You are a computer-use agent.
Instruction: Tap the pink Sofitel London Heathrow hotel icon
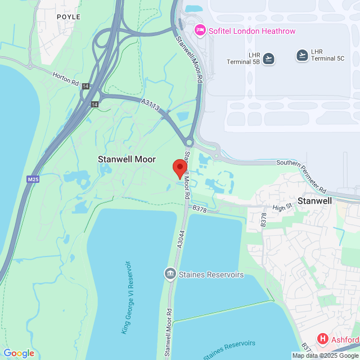pyautogui.click(x=199, y=30)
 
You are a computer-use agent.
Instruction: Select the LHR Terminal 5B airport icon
pyautogui.click(x=269, y=58)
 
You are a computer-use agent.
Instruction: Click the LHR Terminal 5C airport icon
pyautogui.click(x=303, y=55)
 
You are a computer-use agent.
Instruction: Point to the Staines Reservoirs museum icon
pyautogui.click(x=169, y=274)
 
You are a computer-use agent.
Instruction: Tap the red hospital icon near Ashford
pyautogui.click(x=323, y=339)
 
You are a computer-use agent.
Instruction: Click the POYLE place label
pyautogui.click(x=69, y=17)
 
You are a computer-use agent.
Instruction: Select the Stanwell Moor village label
pyautogui.click(x=127, y=159)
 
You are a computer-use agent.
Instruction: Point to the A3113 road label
pyautogui.click(x=151, y=104)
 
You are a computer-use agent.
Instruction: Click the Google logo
pyautogui.click(x=19, y=353)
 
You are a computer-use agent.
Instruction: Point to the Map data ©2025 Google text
pyautogui.click(x=325, y=355)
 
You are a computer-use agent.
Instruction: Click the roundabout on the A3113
pyautogui.click(x=189, y=143)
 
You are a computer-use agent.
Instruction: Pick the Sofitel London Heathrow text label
pyautogui.click(x=251, y=30)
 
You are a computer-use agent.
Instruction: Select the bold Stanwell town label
pyautogui.click(x=314, y=200)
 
